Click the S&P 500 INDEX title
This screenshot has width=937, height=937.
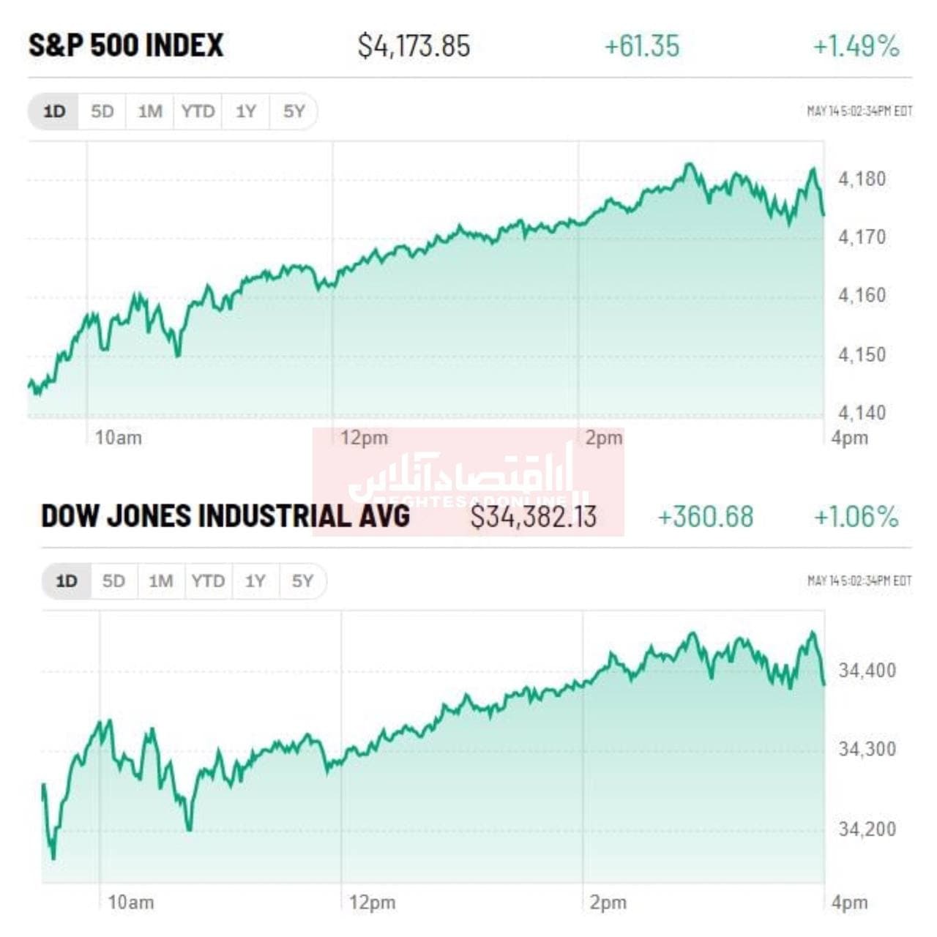click(x=126, y=45)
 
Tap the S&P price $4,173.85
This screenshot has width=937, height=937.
click(x=414, y=46)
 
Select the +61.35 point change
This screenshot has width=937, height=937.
click(x=642, y=46)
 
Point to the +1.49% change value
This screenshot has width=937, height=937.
click(x=856, y=46)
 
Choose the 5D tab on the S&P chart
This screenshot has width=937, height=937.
click(x=102, y=111)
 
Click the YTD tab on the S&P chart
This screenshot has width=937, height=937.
click(x=198, y=111)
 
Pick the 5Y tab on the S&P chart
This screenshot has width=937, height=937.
click(x=294, y=111)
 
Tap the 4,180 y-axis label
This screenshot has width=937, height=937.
click(x=862, y=179)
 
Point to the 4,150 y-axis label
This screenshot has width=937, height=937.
click(x=862, y=354)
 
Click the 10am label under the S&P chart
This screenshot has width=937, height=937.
click(x=119, y=438)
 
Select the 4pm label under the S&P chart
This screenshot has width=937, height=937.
click(x=849, y=438)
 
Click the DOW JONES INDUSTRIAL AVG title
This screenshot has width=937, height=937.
click(x=225, y=516)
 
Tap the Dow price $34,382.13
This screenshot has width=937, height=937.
click(x=533, y=517)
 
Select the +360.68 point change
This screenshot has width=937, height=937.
click(x=705, y=517)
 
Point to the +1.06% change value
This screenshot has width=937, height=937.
click(x=856, y=517)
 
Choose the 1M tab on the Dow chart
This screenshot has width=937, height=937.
click(x=161, y=581)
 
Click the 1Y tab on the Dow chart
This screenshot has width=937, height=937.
click(x=255, y=581)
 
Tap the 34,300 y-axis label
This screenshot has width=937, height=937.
click(x=867, y=749)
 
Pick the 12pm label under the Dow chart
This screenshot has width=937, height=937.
click(x=372, y=903)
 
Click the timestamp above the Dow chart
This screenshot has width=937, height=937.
click(x=859, y=581)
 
